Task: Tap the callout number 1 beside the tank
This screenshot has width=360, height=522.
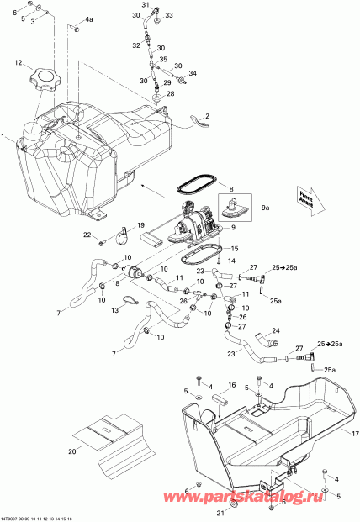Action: (4, 136)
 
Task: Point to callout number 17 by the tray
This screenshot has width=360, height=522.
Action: (353, 434)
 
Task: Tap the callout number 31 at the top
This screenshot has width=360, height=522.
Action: (144, 5)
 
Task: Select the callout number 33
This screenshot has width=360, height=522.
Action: (168, 15)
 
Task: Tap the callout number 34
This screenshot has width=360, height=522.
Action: (193, 73)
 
